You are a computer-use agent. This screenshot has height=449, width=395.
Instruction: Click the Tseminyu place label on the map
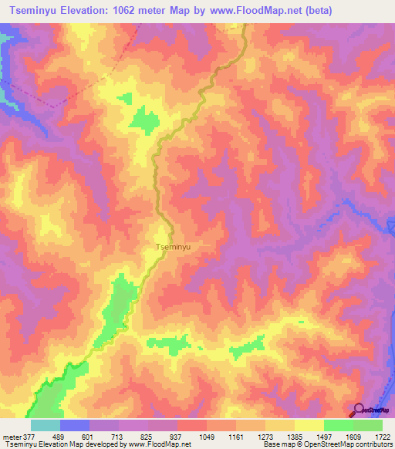(x=173, y=248)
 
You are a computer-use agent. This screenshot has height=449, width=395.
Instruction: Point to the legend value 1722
(x=381, y=436)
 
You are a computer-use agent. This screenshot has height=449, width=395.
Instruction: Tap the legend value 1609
(x=339, y=436)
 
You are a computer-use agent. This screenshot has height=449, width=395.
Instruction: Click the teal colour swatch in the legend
(x=45, y=425)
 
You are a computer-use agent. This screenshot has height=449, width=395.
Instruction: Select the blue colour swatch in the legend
(x=74, y=425)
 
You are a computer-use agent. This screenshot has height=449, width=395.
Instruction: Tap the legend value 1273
(x=250, y=436)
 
